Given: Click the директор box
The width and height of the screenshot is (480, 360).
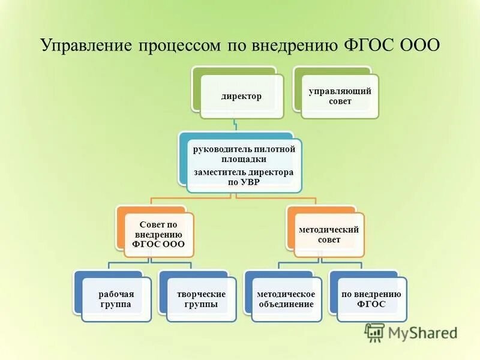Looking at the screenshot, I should [x=241, y=96].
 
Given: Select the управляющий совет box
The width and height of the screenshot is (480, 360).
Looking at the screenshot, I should [x=340, y=96].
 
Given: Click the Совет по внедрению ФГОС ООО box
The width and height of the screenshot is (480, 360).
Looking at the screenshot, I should [x=159, y=235].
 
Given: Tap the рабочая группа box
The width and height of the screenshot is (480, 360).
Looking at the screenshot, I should [x=116, y=299].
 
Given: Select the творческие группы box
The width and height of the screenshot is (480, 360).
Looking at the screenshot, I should [x=201, y=299].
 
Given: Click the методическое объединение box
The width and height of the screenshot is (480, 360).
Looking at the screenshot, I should [x=286, y=299].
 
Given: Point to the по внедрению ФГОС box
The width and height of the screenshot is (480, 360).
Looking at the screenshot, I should [x=371, y=299].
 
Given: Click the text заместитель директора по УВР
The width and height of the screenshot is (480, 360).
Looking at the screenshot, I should [x=243, y=177].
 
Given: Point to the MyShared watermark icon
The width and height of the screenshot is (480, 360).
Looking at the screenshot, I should [x=375, y=332].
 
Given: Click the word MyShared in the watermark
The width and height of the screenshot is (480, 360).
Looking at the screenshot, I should [x=422, y=332].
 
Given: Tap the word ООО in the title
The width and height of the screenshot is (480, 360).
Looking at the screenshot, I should [x=419, y=46].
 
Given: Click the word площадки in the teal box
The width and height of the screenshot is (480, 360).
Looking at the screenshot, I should [x=244, y=159].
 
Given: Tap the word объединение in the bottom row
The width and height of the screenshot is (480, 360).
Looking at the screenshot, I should [x=286, y=304].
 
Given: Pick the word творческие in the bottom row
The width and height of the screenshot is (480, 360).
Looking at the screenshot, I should [x=201, y=294].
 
